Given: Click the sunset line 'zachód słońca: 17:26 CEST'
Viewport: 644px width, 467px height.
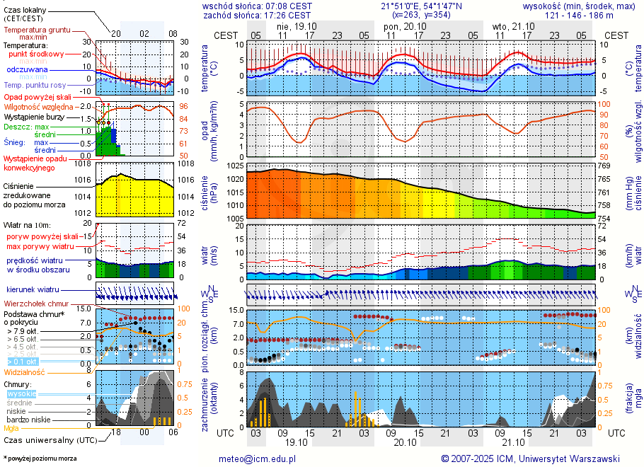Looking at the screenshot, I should point(256,14).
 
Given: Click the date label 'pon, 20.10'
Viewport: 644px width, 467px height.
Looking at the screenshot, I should point(401,25).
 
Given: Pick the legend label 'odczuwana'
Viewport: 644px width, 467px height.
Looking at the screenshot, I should point(27,69).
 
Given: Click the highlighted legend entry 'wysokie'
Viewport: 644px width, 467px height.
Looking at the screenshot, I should point(22,393).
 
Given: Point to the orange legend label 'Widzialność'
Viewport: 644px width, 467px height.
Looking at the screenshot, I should point(25,371).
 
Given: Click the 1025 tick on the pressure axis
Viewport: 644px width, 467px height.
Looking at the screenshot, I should point(234,166).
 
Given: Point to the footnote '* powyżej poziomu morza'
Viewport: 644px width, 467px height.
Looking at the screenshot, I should point(40,459).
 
